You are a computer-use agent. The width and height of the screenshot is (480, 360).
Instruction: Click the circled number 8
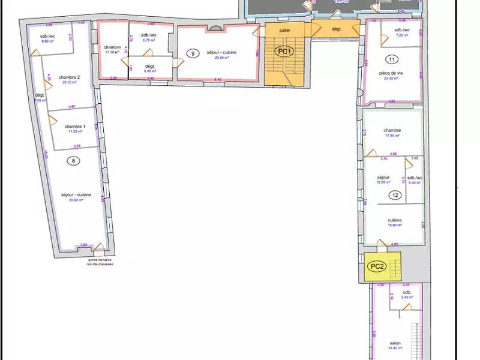[73, 160]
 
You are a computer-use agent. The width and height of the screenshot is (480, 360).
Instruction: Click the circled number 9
[193, 53]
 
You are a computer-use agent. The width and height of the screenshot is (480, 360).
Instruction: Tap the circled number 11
[391, 59]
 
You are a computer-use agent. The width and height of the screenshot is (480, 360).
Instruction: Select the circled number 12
[395, 195]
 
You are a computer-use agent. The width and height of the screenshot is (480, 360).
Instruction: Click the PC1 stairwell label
[284, 52]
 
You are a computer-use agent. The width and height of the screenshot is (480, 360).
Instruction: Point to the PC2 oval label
[377, 266]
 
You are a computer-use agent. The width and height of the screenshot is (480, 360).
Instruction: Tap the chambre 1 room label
[76, 126]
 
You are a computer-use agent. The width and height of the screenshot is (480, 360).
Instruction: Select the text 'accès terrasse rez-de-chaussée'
[100, 262]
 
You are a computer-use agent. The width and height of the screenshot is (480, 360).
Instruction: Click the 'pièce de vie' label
[391, 73]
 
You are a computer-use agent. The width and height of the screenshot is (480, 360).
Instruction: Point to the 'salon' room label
[394, 344]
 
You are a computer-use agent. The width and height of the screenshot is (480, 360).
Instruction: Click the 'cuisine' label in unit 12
[394, 220]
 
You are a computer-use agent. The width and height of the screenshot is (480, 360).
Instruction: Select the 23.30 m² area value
[391, 79]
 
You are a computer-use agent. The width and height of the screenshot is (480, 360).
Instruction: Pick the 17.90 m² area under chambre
[392, 136]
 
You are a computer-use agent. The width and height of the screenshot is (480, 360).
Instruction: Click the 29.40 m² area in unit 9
[222, 58]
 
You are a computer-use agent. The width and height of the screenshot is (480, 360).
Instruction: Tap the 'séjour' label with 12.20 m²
[383, 178]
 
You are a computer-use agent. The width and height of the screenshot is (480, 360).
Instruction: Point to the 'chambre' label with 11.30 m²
[112, 47]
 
